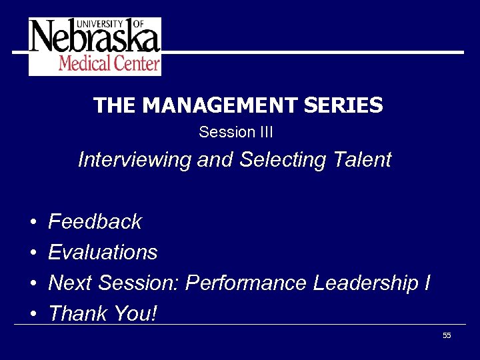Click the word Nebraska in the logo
(94, 39)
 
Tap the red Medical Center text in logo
(109, 64)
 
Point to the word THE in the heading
(115, 105)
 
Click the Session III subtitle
(236, 132)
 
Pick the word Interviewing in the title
(135, 161)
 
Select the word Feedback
(95, 221)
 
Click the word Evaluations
(103, 252)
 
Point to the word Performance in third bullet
(246, 283)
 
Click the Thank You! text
(103, 313)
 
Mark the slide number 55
(447, 335)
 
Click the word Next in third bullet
(71, 283)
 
